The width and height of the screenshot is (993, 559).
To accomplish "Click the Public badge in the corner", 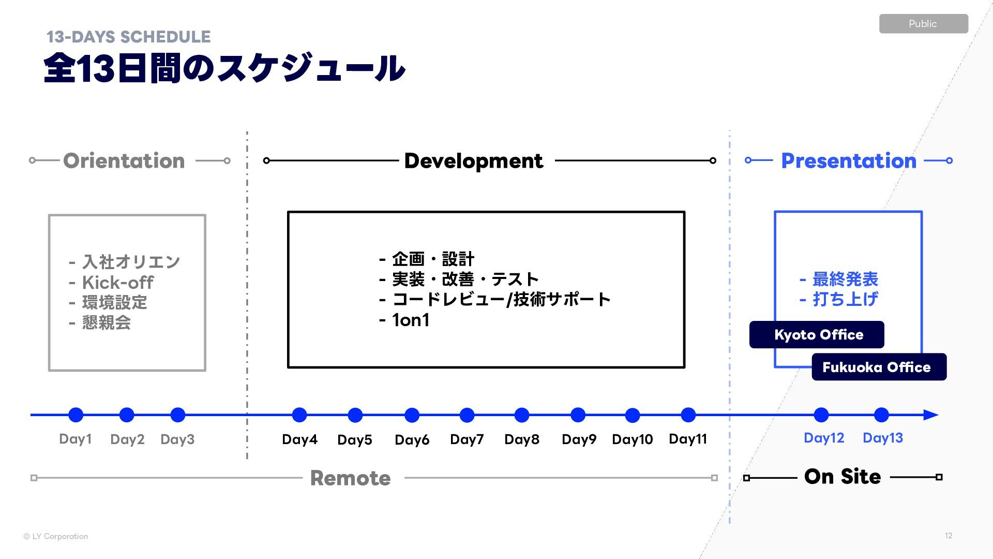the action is (923, 24).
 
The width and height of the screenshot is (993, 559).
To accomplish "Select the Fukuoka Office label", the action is (879, 367).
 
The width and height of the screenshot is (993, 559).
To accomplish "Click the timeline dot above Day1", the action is (76, 415).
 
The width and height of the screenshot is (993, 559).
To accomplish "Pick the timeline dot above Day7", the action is (467, 415).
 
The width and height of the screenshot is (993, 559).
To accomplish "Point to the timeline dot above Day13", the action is (881, 415).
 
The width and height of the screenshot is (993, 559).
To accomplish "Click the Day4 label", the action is (299, 439).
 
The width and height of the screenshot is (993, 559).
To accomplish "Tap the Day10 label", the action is (632, 439).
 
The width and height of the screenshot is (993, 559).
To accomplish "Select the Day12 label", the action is (823, 438).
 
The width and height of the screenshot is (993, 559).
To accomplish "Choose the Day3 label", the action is (177, 439).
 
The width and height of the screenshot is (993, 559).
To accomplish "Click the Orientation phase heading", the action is (124, 160).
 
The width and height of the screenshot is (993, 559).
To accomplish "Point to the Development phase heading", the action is (473, 160).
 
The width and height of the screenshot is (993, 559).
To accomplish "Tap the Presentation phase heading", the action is (848, 160).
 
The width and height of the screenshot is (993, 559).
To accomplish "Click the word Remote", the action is (350, 478).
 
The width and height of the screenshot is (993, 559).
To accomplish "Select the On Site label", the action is (842, 477).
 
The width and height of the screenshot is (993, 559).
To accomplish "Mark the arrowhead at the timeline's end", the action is (930, 415).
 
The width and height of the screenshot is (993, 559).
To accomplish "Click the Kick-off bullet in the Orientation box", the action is (117, 283).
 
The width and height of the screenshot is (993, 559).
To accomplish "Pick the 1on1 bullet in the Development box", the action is (410, 320).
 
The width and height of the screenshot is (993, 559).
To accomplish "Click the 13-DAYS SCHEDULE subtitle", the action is (128, 37).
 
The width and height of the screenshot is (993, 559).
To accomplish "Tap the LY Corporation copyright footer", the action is (56, 536).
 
